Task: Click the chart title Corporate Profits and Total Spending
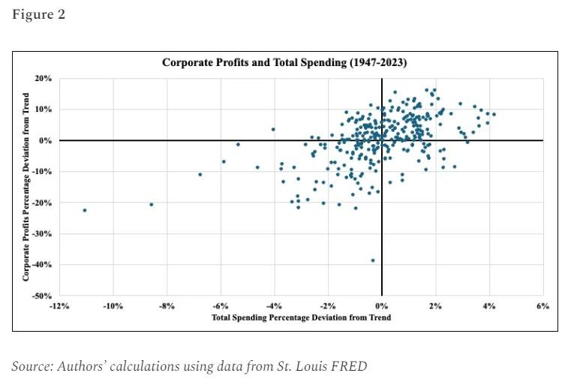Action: coord(284,62)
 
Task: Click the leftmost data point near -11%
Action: coord(85,210)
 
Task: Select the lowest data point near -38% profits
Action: coord(373,260)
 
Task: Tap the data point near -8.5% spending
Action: coord(152,204)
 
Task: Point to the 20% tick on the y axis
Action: coord(44,78)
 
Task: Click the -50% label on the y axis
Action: coord(42,296)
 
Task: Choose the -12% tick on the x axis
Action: coord(59,306)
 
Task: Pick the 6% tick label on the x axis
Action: coord(543,306)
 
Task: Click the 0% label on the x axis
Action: coord(382,306)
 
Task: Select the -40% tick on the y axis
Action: coord(42,265)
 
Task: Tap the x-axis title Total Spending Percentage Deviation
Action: coord(301,317)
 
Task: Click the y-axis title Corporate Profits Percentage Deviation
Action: coord(26,187)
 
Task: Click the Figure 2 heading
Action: coord(38,15)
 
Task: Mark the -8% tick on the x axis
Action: coord(167,306)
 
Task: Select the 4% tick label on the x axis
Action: coord(489,306)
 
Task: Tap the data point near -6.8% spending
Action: coord(200,174)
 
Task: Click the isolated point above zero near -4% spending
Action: coord(273,129)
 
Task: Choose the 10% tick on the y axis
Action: coord(44,110)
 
